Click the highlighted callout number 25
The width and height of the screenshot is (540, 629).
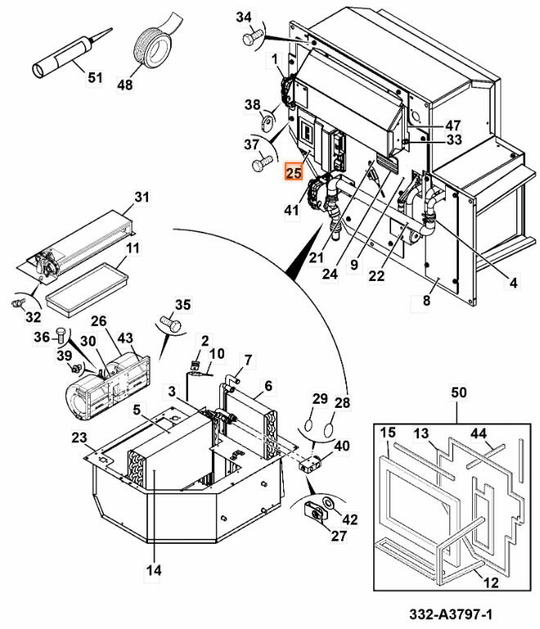click(x=293, y=173)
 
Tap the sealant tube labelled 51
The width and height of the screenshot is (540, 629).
click(x=71, y=53)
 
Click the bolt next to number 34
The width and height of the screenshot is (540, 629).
click(x=251, y=37)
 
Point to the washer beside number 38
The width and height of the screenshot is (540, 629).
click(x=267, y=122)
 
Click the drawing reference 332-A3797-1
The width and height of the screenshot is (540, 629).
click(x=451, y=614)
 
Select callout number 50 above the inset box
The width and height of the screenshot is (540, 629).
click(x=459, y=392)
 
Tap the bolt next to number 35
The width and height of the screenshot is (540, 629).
click(x=170, y=323)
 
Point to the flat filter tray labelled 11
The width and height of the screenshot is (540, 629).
click(x=87, y=290)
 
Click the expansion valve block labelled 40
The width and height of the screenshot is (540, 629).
click(x=309, y=464)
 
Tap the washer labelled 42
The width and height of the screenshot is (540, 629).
click(x=329, y=502)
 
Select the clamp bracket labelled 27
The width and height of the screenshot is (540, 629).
click(x=314, y=511)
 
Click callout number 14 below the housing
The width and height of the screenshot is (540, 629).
click(x=154, y=570)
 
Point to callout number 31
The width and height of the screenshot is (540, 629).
click(x=142, y=197)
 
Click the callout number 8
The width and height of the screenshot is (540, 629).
click(x=426, y=300)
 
